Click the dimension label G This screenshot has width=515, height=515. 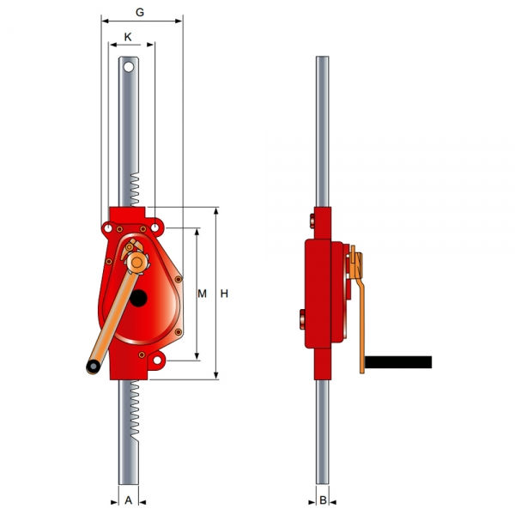140,12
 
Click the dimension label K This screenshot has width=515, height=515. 128,37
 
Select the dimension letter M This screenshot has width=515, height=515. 202,294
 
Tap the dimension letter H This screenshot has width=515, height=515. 224,294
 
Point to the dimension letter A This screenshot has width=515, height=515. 129,500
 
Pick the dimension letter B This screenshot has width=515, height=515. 323,500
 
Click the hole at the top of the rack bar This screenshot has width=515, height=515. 129,67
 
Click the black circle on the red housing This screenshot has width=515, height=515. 138,298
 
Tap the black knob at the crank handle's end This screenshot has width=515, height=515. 94,367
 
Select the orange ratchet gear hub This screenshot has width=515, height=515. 137,262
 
